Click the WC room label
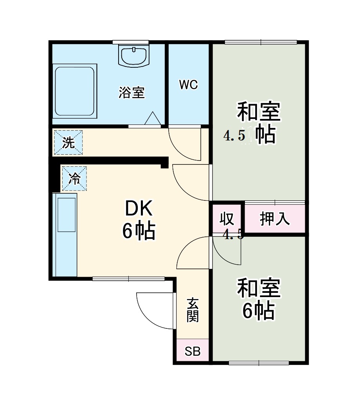tap(189, 85)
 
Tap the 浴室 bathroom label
tap(132, 93)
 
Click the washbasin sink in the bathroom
tap(134, 57)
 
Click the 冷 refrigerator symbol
tap(74, 179)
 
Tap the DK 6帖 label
tap(139, 220)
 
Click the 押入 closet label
tap(275, 219)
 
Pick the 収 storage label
tap(227, 218)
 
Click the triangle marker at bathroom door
tap(152, 118)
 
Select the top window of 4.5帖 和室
tap(261, 42)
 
